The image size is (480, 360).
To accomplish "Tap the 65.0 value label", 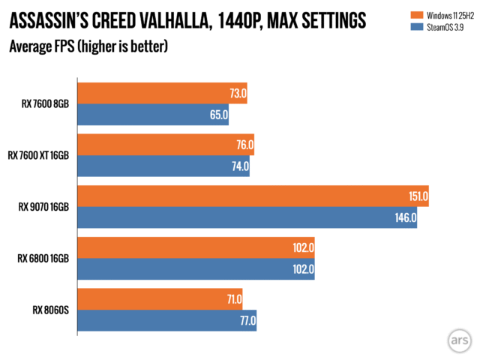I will (x=216, y=115).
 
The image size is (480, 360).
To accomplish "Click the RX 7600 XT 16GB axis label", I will (x=38, y=156).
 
